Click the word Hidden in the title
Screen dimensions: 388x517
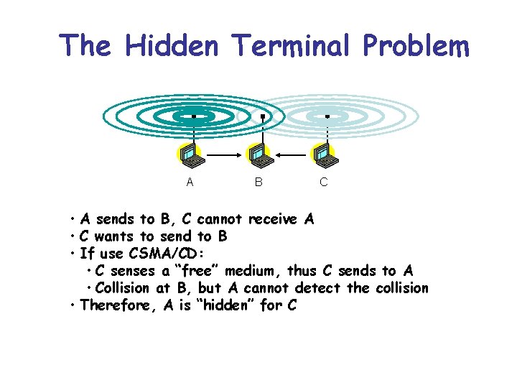(172, 46)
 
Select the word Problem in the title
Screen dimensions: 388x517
(416, 47)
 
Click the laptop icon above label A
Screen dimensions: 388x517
(190, 154)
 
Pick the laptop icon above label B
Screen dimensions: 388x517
(258, 154)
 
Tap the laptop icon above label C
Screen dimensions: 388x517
(323, 154)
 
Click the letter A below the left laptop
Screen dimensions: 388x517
(190, 183)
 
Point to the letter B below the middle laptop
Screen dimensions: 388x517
(258, 183)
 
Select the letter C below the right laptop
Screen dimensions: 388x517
(323, 183)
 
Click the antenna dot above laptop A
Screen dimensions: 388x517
(193, 116)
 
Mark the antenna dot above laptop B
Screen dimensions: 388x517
(263, 116)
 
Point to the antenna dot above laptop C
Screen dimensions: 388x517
(327, 116)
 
